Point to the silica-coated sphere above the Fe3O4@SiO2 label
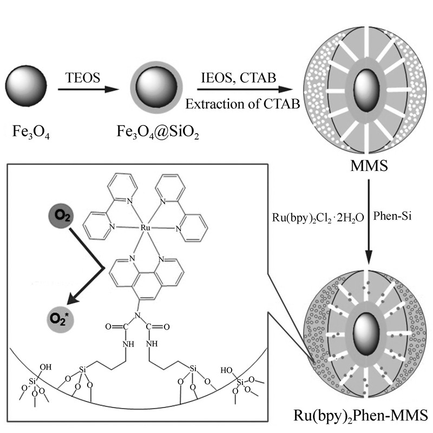click(x=155, y=87)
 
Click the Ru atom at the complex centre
click(x=145, y=229)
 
